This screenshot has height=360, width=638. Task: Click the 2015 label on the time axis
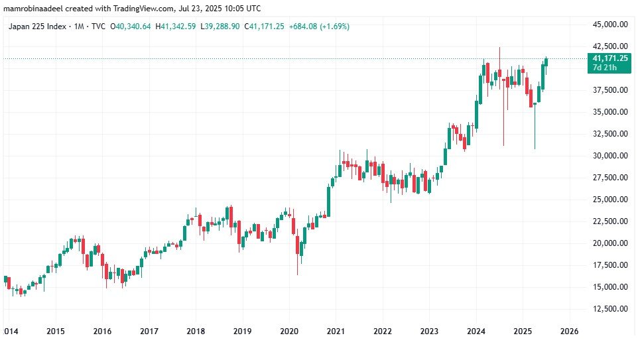56,331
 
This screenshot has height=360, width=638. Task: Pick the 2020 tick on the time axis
289,331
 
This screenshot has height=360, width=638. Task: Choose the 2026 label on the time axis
570,331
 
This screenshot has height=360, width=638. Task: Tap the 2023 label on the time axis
429,331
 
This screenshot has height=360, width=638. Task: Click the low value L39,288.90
220,27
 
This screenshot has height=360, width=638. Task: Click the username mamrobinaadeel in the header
35,8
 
